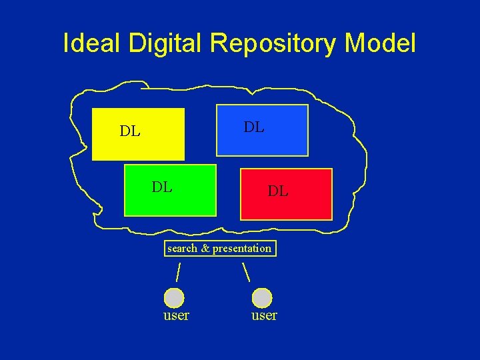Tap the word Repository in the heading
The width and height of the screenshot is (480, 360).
[x=273, y=44]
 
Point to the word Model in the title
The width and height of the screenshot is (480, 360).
[x=380, y=43]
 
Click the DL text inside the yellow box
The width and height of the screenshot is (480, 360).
[x=130, y=131]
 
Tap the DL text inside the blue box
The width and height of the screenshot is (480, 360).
[x=254, y=127]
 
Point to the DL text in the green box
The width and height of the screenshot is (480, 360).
[x=162, y=187]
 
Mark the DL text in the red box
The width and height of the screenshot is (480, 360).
[x=278, y=191]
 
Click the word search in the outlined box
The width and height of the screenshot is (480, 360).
[x=182, y=249]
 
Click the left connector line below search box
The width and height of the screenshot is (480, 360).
[x=178, y=272]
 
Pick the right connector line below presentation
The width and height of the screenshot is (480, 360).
[x=245, y=272]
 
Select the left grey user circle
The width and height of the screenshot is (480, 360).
[x=174, y=297]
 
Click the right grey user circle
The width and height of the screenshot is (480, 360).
[x=262, y=297]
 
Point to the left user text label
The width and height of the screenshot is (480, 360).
[x=176, y=315]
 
